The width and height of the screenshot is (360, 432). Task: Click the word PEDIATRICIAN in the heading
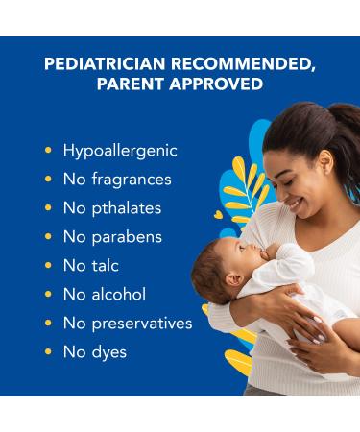click(x=101, y=64)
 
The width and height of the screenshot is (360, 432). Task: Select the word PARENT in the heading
click(x=129, y=84)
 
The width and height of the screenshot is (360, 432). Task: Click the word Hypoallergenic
click(x=120, y=151)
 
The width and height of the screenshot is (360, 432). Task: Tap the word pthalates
click(x=127, y=208)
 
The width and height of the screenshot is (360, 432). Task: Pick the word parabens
click(x=127, y=237)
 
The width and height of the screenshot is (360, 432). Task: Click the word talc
click(x=106, y=266)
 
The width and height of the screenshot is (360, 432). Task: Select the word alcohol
click(x=117, y=295)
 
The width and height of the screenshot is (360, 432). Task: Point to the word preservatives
click(x=140, y=324)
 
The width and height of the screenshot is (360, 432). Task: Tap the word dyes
click(x=108, y=352)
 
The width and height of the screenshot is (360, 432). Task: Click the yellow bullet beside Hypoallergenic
click(x=48, y=151)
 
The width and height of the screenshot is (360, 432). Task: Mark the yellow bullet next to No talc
click(x=48, y=266)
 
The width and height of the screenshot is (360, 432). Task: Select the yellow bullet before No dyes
click(x=48, y=352)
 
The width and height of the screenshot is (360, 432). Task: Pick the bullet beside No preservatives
click(x=48, y=324)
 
